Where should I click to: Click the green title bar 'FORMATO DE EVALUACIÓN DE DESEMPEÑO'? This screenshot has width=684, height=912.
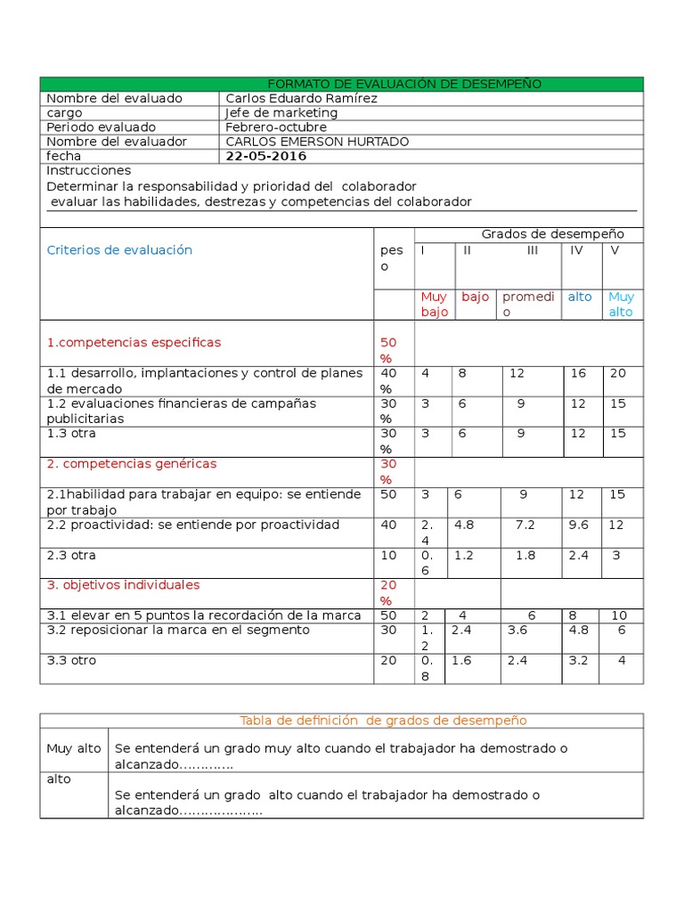[x=404, y=84]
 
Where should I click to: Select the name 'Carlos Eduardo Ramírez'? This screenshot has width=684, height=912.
[x=301, y=98]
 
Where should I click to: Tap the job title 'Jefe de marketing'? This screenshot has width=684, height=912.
[x=281, y=113]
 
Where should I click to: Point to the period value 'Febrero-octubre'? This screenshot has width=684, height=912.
[x=276, y=127]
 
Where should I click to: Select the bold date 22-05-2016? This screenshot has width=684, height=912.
[x=265, y=156]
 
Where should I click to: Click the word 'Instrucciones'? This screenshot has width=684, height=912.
[x=88, y=170]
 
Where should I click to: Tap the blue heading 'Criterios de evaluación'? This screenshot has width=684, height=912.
[x=119, y=250]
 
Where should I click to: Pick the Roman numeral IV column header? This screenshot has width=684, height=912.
[x=576, y=250]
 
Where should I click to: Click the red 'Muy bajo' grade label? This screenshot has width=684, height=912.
[x=434, y=304]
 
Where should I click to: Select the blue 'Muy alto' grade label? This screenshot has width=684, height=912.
[x=621, y=304]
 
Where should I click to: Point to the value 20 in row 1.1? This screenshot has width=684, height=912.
[x=617, y=373]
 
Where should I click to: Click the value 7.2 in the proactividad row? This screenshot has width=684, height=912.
[x=525, y=525]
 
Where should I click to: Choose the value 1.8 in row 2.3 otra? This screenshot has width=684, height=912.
[x=525, y=555]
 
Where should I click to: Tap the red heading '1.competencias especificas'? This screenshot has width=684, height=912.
[x=134, y=342]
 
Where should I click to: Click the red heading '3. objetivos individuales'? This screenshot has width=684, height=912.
[x=123, y=585]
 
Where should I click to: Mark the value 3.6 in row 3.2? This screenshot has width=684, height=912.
[x=517, y=630]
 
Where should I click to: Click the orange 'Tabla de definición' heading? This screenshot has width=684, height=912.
[x=383, y=720]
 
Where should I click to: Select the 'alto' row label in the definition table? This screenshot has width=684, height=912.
[x=59, y=779]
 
